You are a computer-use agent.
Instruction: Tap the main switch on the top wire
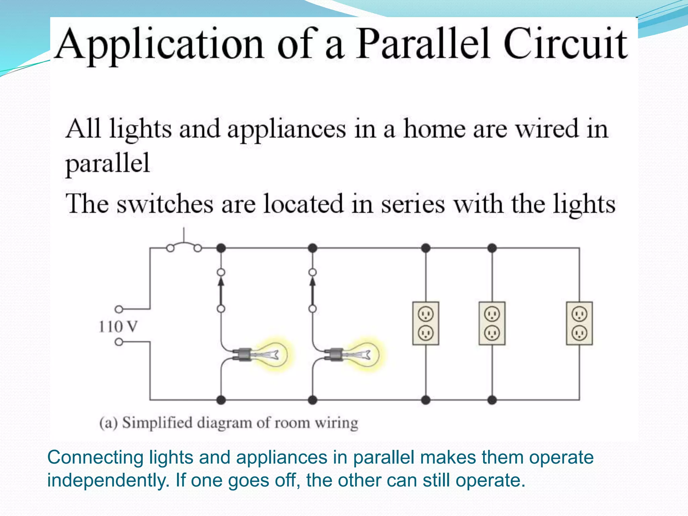(184, 245)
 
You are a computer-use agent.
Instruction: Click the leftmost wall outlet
(426, 323)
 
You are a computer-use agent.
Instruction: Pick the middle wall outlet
(492, 323)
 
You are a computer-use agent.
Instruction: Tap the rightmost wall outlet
(579, 323)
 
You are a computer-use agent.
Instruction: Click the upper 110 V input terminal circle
(119, 309)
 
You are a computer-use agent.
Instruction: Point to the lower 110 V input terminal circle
(119, 342)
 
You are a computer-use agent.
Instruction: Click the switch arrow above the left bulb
(221, 291)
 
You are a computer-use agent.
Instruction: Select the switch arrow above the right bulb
(312, 291)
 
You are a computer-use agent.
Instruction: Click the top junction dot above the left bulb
(221, 248)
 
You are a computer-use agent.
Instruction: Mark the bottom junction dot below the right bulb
(312, 400)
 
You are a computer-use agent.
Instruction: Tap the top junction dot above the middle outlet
(492, 248)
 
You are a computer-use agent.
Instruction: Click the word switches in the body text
(165, 204)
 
